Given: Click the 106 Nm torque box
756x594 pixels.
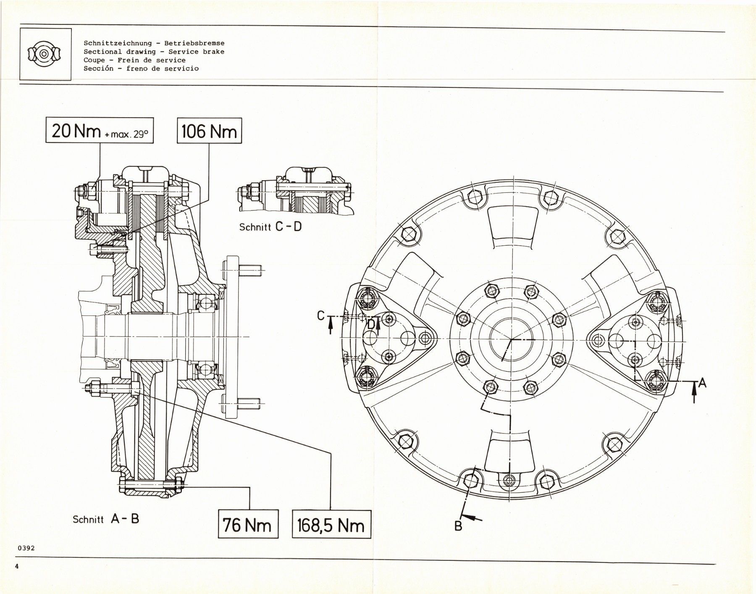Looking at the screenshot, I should coord(209,131).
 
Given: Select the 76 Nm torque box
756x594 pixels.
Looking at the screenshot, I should coord(248,525).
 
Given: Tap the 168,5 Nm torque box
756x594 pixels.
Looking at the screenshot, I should coord(331,525).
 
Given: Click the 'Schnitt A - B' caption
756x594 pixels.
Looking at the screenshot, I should coord(106,519).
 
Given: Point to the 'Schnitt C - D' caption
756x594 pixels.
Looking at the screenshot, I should coord(270,227).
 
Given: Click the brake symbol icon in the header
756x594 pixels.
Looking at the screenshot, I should coord(45,54).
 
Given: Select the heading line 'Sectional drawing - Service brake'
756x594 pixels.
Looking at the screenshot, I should coord(154,52).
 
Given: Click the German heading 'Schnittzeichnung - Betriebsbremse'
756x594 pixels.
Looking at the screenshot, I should coord(154,43).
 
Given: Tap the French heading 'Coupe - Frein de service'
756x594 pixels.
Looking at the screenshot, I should coord(134,60).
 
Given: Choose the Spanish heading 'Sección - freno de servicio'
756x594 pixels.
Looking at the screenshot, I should coord(141,68).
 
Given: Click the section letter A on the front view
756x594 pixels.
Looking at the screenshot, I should coord(702,382).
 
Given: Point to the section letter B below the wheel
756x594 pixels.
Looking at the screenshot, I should coord(458,526).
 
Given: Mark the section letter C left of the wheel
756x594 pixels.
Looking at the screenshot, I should coord(321,315).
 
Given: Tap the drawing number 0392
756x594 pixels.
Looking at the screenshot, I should coord(26,548).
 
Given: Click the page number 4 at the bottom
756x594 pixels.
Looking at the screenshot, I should coord(17,567).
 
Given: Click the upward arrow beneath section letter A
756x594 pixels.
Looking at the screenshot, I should coord(694,393).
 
